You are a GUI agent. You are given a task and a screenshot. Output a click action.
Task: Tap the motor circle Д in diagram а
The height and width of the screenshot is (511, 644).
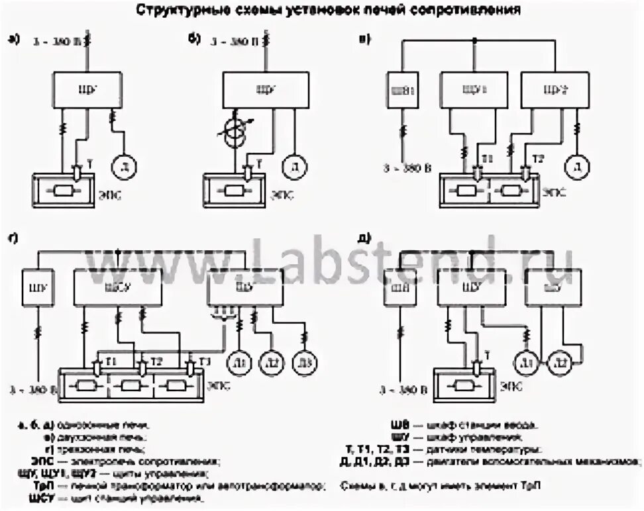(123, 163)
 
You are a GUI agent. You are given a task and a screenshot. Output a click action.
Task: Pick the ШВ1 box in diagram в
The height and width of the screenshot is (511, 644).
(403, 89)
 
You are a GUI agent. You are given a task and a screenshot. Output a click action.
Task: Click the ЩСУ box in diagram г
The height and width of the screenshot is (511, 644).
(117, 287)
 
